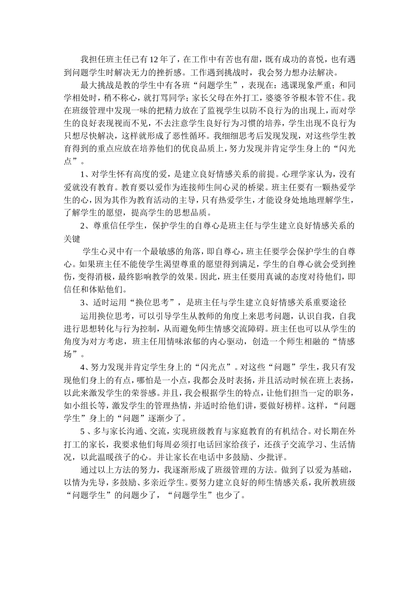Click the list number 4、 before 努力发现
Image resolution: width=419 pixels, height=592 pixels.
(84, 366)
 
